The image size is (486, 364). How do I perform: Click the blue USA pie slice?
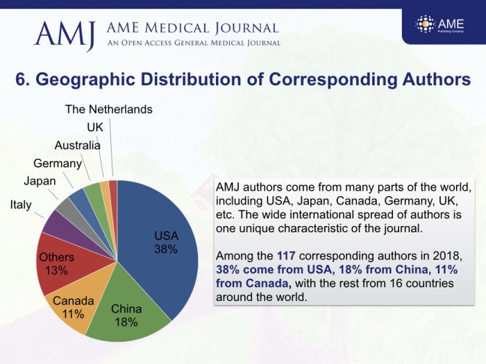156,263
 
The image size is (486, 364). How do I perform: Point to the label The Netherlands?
109,110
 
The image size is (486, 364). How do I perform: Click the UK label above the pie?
95,128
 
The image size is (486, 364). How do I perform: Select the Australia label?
78,145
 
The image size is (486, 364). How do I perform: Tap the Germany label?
58,163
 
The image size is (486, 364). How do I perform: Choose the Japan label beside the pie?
40,181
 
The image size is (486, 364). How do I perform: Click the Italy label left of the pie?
20,205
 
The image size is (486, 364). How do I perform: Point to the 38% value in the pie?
166,249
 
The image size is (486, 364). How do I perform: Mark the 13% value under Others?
56,270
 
